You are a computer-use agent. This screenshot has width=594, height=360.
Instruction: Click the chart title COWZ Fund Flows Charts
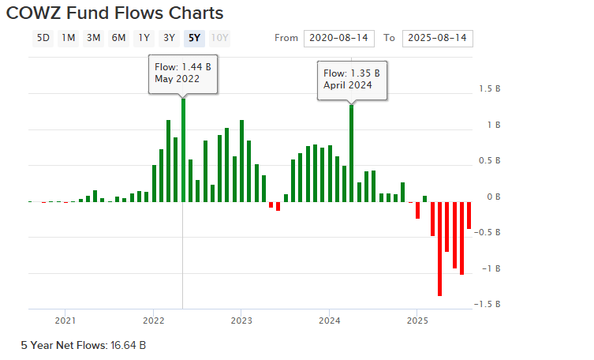coord(114,13)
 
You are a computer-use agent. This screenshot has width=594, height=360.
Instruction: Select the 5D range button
coord(44,38)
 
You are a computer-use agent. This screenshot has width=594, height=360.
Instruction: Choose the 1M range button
coord(69,38)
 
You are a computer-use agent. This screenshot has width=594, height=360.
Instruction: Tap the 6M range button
coord(118,38)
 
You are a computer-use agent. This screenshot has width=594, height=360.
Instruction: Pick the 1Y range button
coord(144,38)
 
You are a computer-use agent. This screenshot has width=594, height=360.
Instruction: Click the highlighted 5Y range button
coord(194,38)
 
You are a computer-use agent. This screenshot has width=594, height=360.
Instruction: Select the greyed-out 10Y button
coord(220,38)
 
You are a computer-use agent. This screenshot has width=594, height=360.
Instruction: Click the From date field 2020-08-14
coord(338,39)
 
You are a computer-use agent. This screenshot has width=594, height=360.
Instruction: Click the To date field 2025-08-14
coord(436,39)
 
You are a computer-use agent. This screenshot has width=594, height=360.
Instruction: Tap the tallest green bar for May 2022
coord(183,150)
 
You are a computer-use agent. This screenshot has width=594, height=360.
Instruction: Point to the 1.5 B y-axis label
coord(489,89)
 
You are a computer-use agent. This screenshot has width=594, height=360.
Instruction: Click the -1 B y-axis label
coord(490,268)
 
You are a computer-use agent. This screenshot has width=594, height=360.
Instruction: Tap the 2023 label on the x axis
coord(241,321)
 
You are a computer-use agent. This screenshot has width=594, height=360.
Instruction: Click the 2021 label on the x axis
coord(65,321)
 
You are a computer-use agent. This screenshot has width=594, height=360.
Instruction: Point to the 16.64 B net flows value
coord(128,345)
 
